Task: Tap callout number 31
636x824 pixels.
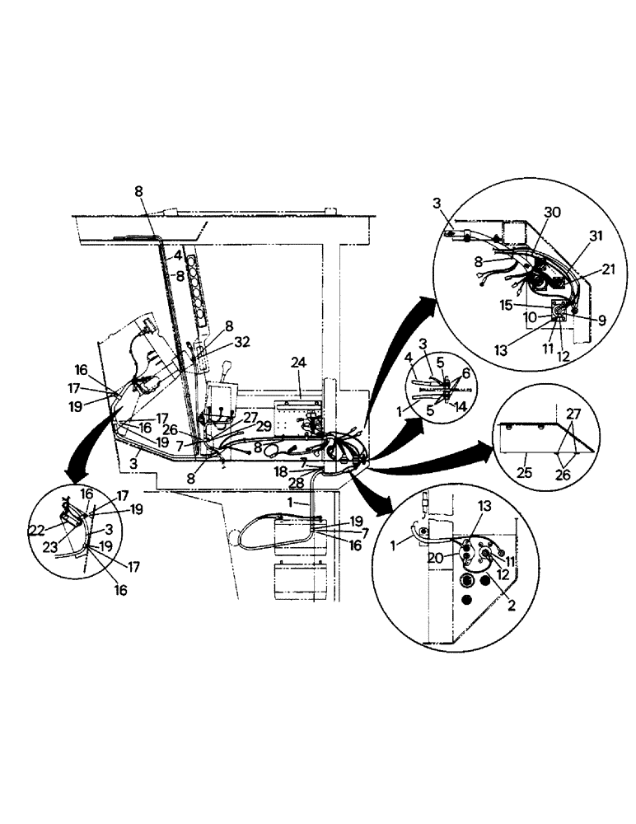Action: coord(595,236)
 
